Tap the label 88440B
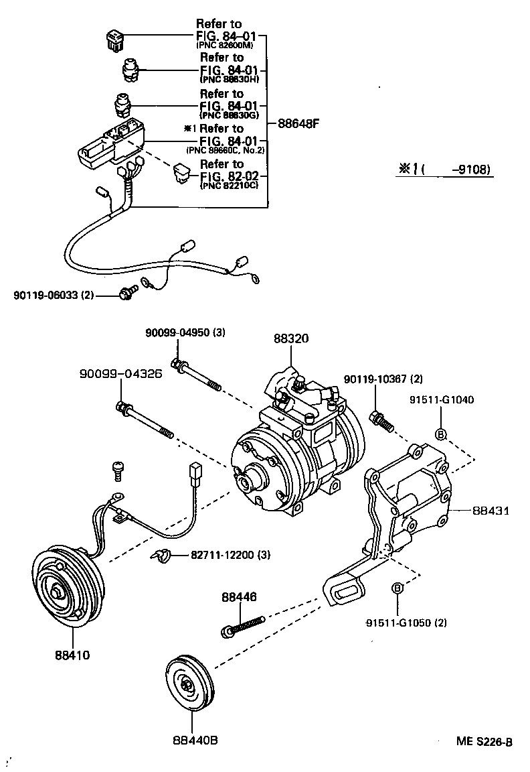(x=195, y=740)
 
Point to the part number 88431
(x=491, y=510)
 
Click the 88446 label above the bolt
(x=240, y=596)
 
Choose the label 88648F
(x=297, y=123)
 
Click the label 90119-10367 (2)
(x=383, y=379)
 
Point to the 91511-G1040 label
(x=441, y=400)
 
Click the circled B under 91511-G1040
(x=441, y=434)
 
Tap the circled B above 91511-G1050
(x=397, y=588)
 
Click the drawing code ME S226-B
(x=484, y=742)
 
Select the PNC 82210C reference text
(x=228, y=184)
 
